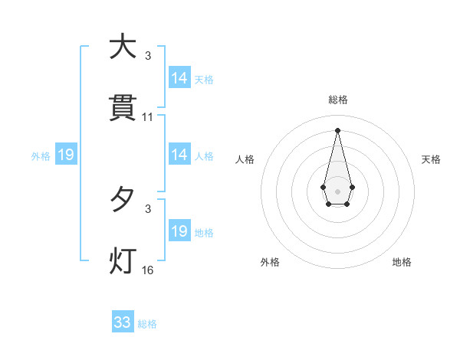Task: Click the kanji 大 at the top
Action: tap(122, 47)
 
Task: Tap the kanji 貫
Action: tap(122, 108)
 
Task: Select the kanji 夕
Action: tap(122, 201)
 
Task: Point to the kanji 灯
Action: tap(122, 261)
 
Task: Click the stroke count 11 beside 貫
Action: tap(148, 117)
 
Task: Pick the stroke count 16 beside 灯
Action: tap(148, 270)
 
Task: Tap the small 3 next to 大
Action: tap(148, 56)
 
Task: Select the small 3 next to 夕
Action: tap(148, 208)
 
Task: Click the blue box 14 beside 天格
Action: tap(179, 78)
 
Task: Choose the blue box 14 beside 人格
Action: tap(179, 155)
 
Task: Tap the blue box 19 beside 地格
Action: tap(179, 231)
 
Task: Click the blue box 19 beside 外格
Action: tap(65, 155)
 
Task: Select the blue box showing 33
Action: tap(123, 322)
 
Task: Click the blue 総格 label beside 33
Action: tap(147, 324)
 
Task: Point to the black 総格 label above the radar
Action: tap(337, 100)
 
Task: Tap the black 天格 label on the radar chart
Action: tap(431, 159)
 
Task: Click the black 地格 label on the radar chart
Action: tap(402, 262)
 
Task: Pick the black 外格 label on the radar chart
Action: tap(270, 262)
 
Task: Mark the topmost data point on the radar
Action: tap(337, 129)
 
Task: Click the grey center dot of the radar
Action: tap(337, 190)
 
